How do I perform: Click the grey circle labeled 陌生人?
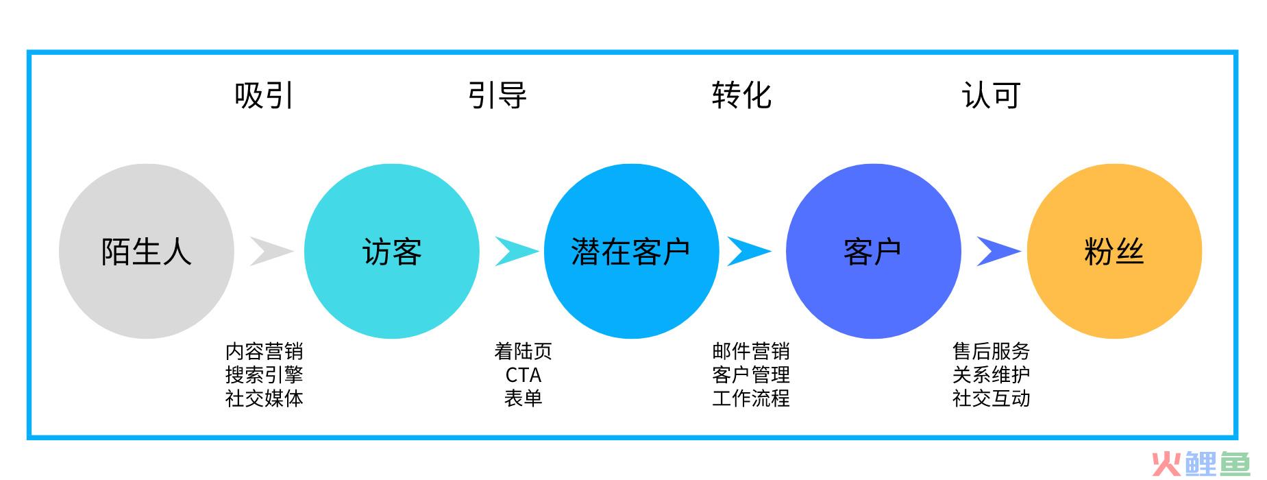click(x=147, y=251)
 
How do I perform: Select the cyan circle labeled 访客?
click(x=392, y=251)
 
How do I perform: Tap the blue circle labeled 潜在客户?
click(x=631, y=251)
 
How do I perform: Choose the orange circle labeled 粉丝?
click(x=1114, y=251)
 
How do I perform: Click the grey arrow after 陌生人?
click(x=271, y=251)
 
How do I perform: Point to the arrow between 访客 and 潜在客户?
click(x=515, y=251)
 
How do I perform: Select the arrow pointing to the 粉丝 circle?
click(x=998, y=251)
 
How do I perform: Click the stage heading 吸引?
click(x=264, y=95)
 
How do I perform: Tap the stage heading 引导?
click(x=497, y=95)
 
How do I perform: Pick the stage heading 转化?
click(x=741, y=95)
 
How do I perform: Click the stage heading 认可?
click(x=991, y=95)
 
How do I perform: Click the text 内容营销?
click(x=264, y=351)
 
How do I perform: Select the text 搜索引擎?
click(x=264, y=374)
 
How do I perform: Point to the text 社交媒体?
click(x=264, y=398)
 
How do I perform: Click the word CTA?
click(x=524, y=375)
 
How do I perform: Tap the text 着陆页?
click(x=524, y=351)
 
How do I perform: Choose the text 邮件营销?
click(x=751, y=351)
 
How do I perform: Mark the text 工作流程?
click(x=751, y=398)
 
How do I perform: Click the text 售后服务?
click(x=991, y=351)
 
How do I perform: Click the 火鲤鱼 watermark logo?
click(x=1201, y=464)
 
